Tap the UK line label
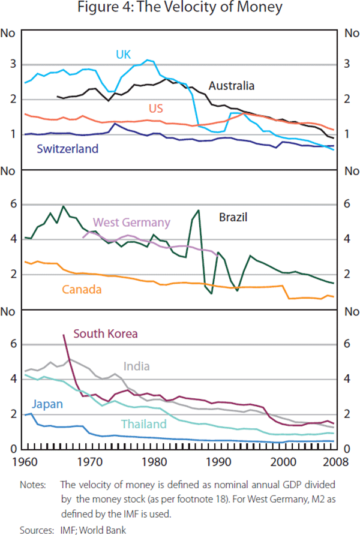tap(124, 55)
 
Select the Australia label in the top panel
tap(231, 86)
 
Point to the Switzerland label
tap(67, 149)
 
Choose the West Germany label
tap(131, 222)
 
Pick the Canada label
tap(82, 289)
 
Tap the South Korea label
tap(106, 333)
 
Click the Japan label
tap(47, 404)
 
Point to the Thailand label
tap(143, 425)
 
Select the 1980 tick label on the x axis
tap(156, 462)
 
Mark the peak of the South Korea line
tap(64, 335)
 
